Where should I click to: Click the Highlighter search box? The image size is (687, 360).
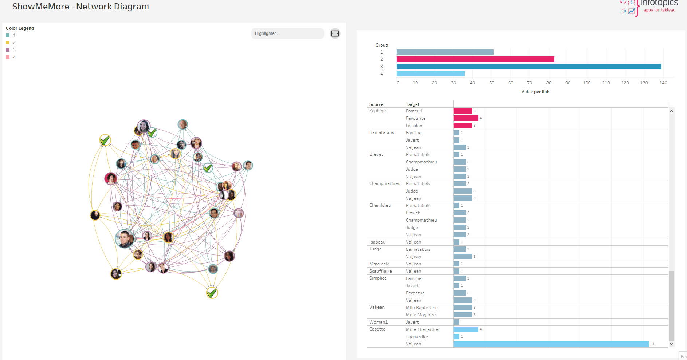click(287, 33)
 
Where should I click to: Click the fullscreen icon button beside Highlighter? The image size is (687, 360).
click(335, 33)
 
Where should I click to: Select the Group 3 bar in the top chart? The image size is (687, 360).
click(529, 67)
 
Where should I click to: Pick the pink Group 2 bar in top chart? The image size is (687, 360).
click(475, 59)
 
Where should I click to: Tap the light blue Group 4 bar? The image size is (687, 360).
click(431, 74)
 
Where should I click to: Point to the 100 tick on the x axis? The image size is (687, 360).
click(586, 83)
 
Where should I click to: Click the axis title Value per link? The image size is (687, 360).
click(535, 92)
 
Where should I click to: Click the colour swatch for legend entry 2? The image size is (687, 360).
click(8, 43)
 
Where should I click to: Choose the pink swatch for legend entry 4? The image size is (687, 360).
click(8, 57)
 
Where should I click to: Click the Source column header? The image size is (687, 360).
click(376, 104)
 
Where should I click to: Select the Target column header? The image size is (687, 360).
click(412, 104)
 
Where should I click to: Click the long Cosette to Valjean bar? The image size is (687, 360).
click(551, 344)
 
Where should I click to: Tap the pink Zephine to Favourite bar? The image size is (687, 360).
click(466, 118)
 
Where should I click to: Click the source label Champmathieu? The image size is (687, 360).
click(385, 183)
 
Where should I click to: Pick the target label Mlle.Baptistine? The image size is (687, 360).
click(421, 308)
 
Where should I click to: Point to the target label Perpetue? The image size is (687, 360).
click(415, 293)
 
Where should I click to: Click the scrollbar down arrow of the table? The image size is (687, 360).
click(671, 344)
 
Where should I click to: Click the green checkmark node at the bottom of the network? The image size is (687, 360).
click(212, 293)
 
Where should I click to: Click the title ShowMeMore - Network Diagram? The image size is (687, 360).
click(81, 7)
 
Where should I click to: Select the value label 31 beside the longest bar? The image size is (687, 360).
click(652, 344)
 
